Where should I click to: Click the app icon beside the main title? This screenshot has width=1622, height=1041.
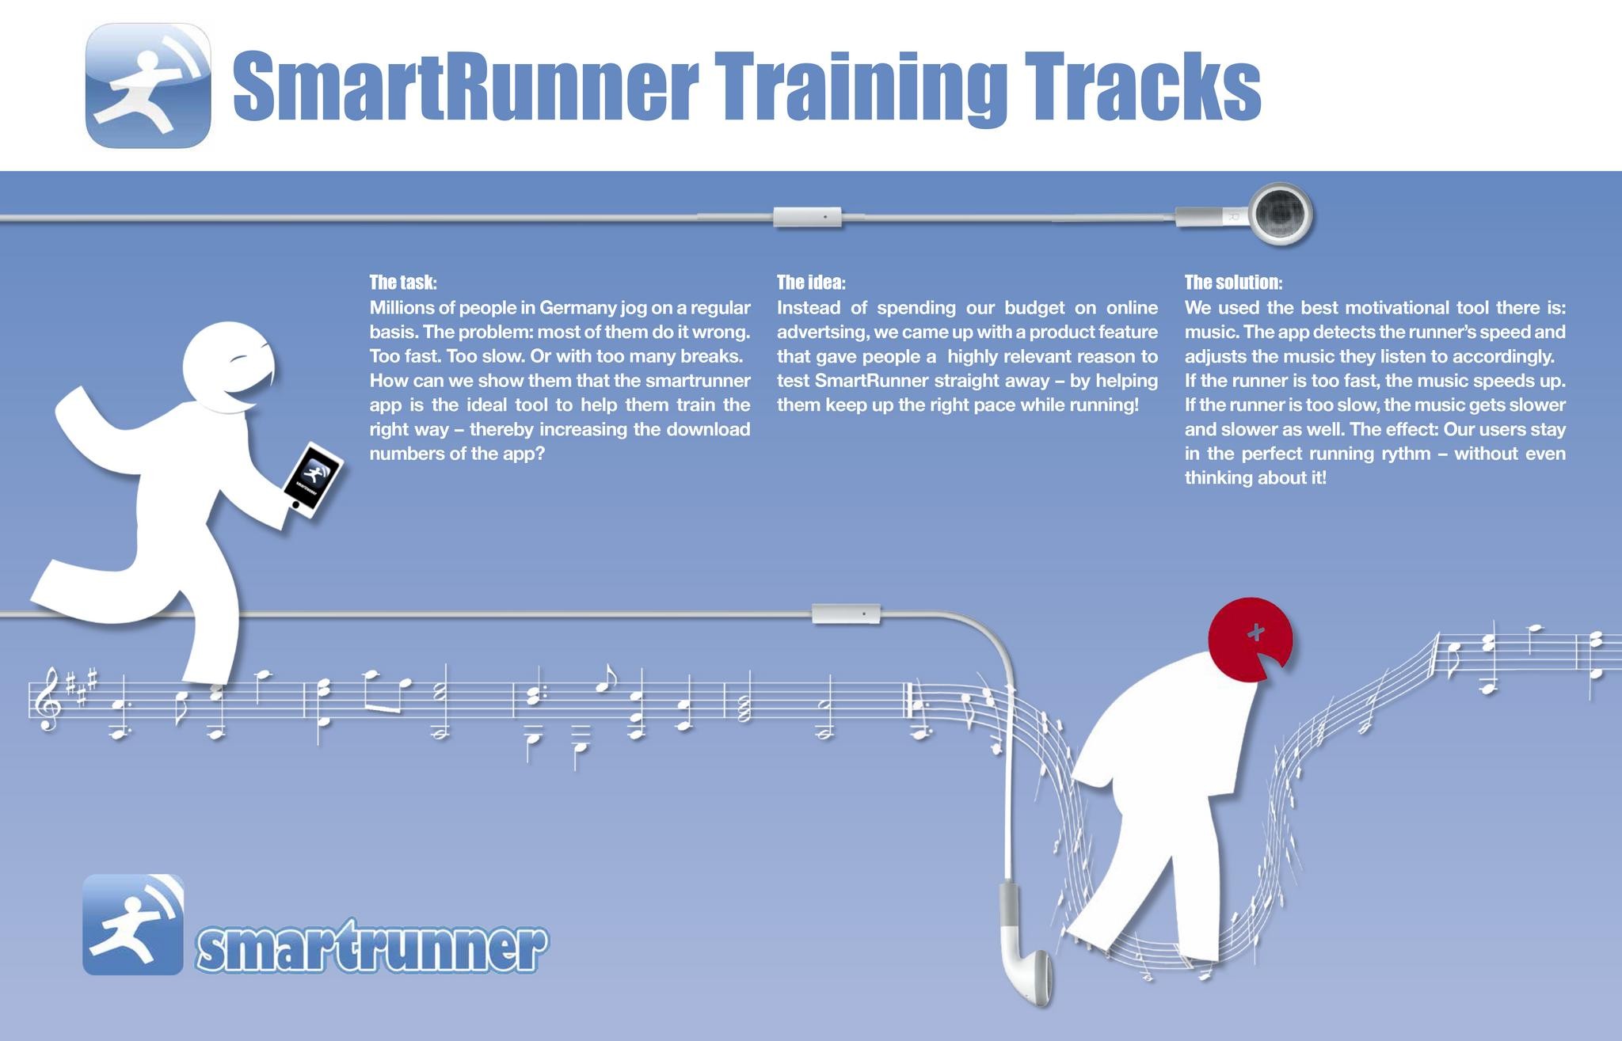[148, 85]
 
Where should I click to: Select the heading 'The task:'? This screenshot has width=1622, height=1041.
[403, 283]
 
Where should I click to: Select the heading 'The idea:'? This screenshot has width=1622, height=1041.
[811, 283]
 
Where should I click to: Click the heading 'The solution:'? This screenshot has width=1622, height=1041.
[1233, 283]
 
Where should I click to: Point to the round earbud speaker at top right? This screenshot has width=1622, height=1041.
[1281, 214]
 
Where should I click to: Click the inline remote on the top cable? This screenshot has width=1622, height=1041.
[807, 216]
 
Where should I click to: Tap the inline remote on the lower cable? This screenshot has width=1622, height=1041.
[846, 614]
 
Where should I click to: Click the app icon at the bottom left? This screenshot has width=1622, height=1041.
[133, 925]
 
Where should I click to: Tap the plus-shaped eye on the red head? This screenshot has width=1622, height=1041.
[1255, 632]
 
